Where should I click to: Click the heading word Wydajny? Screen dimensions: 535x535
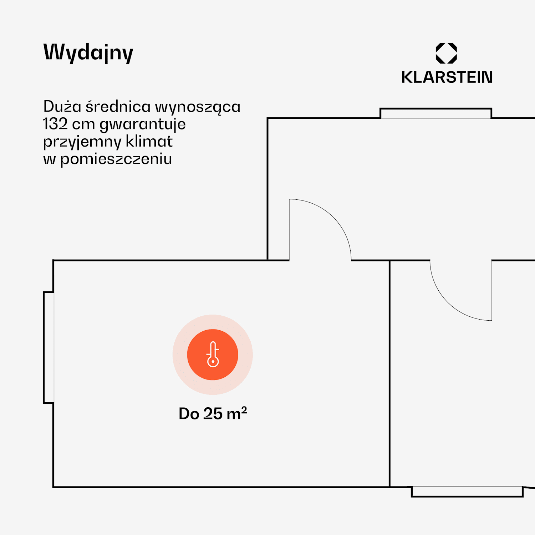click(x=88, y=53)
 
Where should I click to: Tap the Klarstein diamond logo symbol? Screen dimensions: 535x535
click(x=446, y=53)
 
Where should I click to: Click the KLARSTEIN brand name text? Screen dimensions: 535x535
click(x=447, y=77)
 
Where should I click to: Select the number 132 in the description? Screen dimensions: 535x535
click(x=55, y=124)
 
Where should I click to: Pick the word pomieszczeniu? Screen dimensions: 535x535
click(x=116, y=159)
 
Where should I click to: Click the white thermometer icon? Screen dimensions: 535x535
click(x=213, y=354)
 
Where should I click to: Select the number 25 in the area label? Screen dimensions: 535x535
click(x=213, y=414)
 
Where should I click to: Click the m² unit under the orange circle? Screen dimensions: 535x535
click(x=236, y=413)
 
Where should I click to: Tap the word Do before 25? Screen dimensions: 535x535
click(x=189, y=414)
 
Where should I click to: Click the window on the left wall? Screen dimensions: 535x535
click(x=49, y=347)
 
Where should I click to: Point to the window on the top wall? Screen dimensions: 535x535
click(x=435, y=113)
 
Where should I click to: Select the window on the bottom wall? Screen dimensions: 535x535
click(x=467, y=491)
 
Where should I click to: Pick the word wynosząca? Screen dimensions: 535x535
click(x=198, y=107)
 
